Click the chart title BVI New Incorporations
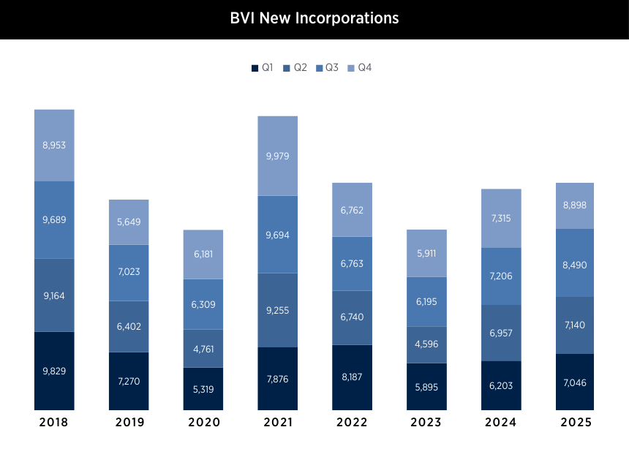point(314,18)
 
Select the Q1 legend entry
point(262,68)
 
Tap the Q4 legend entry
point(359,68)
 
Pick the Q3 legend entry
point(327,68)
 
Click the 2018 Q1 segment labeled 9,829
point(54,371)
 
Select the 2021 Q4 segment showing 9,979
point(277,156)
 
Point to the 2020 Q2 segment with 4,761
point(203,348)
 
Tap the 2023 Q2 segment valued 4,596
point(426,344)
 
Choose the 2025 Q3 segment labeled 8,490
point(574,263)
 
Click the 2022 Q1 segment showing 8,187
point(352,377)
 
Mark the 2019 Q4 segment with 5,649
point(129,222)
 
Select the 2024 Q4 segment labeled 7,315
point(501,218)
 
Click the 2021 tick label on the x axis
point(277,423)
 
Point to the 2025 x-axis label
point(574,423)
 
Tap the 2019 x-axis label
point(129,423)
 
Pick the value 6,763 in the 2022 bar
point(352,264)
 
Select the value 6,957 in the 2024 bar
point(501,333)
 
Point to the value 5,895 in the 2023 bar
point(426,388)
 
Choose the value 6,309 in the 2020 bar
point(203,304)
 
